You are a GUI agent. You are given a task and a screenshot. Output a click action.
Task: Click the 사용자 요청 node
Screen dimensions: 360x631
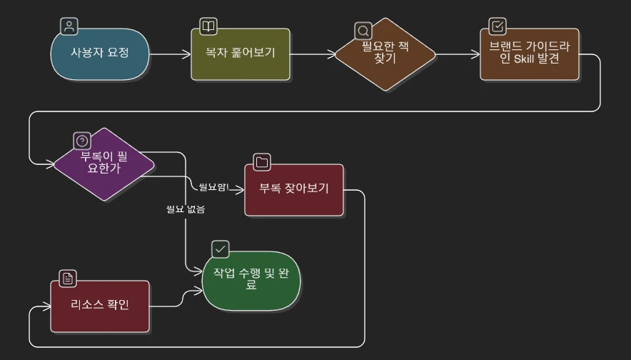pyautogui.click(x=100, y=54)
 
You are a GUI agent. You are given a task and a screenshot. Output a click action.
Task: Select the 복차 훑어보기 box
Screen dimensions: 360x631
pyautogui.click(x=241, y=54)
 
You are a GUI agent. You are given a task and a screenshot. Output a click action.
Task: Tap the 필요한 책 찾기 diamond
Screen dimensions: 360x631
pyautogui.click(x=385, y=54)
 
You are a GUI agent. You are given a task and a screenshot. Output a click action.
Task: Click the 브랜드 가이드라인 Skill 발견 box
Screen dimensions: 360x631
pyautogui.click(x=529, y=54)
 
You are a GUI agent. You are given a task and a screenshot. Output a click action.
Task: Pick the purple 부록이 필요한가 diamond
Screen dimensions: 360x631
pyautogui.click(x=104, y=164)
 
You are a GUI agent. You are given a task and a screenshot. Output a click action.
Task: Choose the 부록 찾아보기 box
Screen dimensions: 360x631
pyautogui.click(x=293, y=190)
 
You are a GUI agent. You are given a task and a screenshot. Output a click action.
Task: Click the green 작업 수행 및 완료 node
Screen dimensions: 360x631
pyautogui.click(x=251, y=279)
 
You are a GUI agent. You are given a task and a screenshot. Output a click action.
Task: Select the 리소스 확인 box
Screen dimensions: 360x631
pyautogui.click(x=100, y=306)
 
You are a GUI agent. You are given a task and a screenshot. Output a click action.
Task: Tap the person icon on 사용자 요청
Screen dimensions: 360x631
pyautogui.click(x=69, y=27)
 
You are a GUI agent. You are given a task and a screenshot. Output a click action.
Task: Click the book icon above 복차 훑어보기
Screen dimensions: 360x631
pyautogui.click(x=208, y=27)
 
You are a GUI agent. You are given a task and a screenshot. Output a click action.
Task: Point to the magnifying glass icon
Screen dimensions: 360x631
pyautogui.click(x=363, y=31)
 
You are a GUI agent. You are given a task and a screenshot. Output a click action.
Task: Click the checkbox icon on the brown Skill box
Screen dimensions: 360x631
pyautogui.click(x=498, y=26)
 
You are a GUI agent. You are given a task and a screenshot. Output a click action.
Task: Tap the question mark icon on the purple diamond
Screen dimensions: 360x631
pyautogui.click(x=82, y=141)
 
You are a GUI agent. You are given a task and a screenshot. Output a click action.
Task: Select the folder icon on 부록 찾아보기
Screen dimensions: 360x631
pyautogui.click(x=262, y=162)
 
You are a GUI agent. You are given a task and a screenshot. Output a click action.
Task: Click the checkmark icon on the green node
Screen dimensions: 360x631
pyautogui.click(x=221, y=249)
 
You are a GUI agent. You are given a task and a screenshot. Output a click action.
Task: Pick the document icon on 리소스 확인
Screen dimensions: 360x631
pyautogui.click(x=68, y=279)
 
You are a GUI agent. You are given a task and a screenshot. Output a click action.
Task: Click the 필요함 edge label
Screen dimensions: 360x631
pyautogui.click(x=213, y=187)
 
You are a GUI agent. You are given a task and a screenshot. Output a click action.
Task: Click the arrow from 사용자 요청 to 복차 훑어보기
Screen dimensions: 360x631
pyautogui.click(x=170, y=54)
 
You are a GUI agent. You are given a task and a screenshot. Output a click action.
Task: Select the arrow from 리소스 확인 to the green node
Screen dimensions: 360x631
pyautogui.click(x=176, y=300)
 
